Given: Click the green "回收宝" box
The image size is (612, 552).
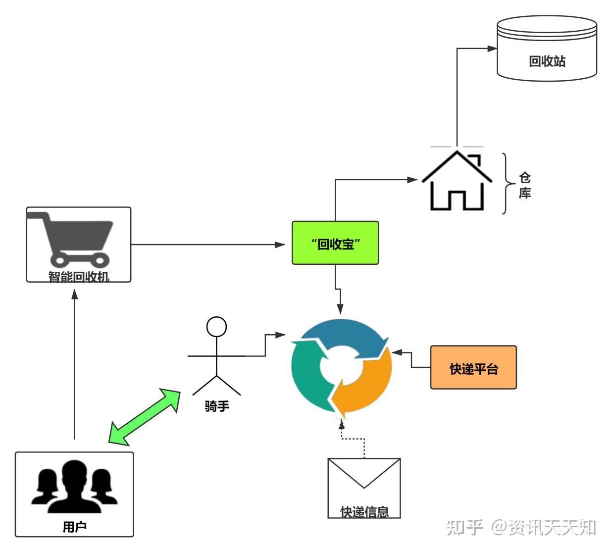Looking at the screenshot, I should click(335, 243).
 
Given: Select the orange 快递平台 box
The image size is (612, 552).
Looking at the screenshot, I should click(473, 368).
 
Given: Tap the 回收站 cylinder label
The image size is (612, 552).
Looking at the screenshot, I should click(547, 61).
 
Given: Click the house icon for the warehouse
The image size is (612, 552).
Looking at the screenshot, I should click(457, 182).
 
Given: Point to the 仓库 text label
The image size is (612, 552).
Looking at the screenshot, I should click(525, 185).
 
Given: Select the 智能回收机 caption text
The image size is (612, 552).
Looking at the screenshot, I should click(79, 276).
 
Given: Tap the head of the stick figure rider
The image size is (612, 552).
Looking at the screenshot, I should click(216, 327).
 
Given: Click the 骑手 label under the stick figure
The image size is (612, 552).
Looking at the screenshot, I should click(217, 406).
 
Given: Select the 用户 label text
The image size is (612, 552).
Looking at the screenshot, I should click(74, 527).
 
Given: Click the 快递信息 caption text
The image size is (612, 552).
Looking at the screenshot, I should click(364, 511).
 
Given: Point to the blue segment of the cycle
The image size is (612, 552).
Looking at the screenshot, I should click(347, 337).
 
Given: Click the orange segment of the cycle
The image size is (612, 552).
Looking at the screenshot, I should click(369, 386).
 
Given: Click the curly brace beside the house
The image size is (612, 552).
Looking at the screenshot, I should click(506, 184).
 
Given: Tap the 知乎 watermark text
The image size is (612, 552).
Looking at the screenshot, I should click(464, 527).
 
